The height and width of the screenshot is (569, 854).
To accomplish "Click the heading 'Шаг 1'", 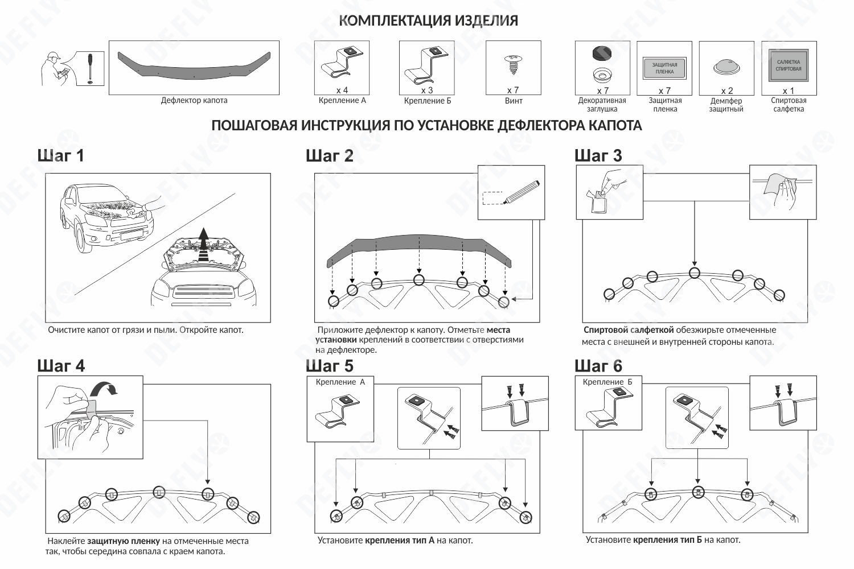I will tap(61, 155).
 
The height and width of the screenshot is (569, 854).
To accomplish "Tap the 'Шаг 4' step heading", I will tap(61, 365).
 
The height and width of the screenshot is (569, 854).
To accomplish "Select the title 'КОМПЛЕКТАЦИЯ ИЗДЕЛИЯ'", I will tap(428, 21).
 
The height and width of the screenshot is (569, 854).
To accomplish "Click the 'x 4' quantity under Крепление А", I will tap(342, 90).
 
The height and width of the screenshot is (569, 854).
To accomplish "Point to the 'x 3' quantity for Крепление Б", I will tap(427, 90).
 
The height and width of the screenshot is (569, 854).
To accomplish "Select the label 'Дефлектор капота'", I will tap(194, 101).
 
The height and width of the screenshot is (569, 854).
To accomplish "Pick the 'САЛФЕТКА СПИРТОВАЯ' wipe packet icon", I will tap(789, 66).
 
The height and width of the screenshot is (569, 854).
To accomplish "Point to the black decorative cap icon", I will tap(602, 53).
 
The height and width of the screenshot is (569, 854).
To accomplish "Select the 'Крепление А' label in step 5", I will tap(340, 382).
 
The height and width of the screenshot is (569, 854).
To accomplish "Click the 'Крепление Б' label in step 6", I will tap(607, 382).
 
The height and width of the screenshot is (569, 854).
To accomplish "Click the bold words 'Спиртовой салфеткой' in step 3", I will tap(629, 330).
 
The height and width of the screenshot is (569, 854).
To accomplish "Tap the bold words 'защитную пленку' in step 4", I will tap(124, 541).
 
